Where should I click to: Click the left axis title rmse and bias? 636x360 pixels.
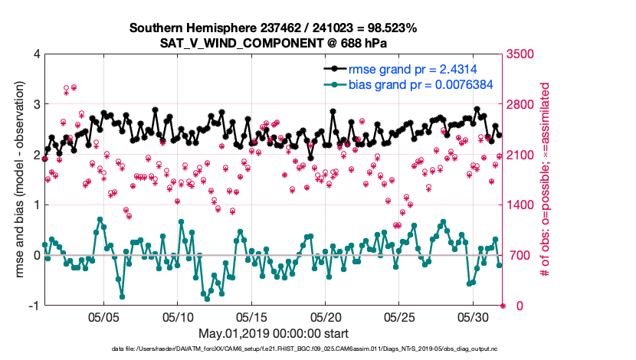pos(18,180)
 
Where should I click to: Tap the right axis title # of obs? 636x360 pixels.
pos(546,180)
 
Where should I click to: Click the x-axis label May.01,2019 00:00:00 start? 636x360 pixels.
pos(273,333)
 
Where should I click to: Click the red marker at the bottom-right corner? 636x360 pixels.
pos(503,306)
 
